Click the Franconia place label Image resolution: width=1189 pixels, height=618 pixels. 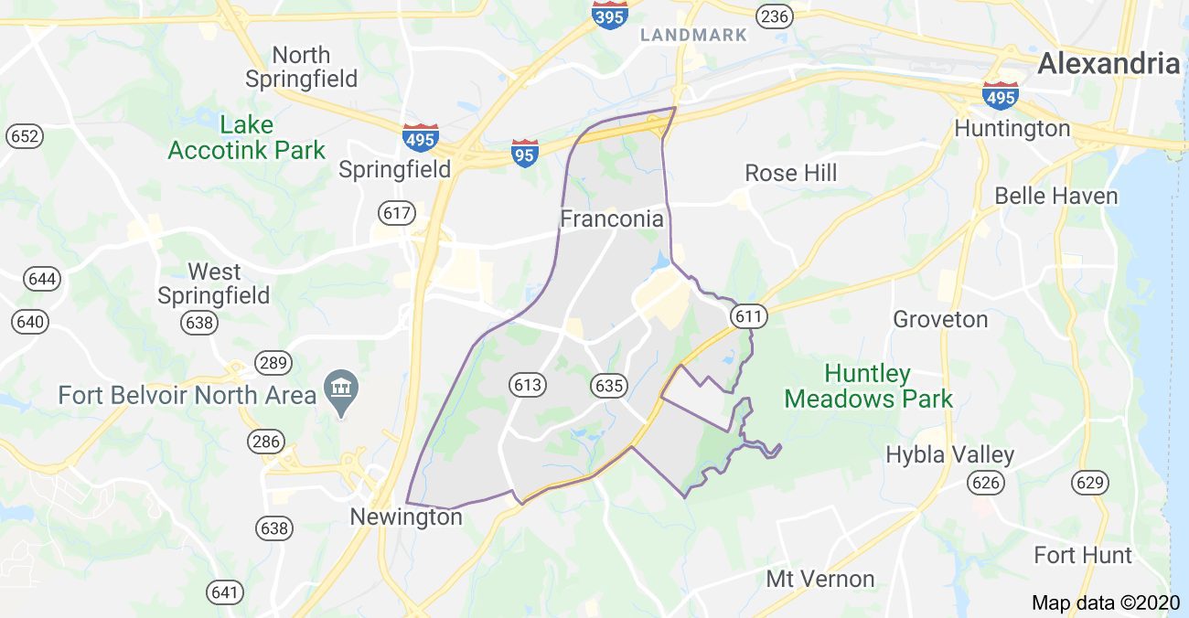611,219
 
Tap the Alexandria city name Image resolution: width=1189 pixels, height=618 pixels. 1109,63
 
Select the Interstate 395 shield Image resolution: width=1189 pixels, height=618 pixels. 609,16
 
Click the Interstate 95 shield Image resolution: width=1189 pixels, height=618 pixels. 524,153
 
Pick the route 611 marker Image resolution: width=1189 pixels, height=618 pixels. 747,316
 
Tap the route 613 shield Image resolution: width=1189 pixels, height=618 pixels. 528,385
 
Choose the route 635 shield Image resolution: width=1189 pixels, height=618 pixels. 608,385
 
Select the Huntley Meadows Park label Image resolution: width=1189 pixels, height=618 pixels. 868,386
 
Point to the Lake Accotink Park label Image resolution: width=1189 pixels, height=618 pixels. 247,137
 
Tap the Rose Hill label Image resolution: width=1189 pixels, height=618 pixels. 790,173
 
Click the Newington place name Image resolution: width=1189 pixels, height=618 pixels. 406,517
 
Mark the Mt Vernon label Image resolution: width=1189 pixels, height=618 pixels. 819,579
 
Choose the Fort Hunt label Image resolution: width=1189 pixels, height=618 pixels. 1082,555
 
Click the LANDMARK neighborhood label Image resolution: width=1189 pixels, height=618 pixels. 693,36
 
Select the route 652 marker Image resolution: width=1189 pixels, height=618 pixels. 24,136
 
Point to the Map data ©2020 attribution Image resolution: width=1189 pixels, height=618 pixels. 1106,602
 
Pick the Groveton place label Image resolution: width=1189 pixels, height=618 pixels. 940,319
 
